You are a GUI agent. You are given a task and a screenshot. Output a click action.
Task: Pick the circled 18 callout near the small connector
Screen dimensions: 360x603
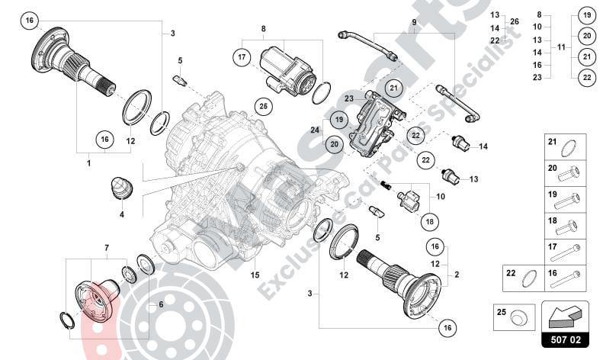pos(430,221)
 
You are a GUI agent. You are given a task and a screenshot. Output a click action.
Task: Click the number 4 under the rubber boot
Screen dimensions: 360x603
pos(121,215)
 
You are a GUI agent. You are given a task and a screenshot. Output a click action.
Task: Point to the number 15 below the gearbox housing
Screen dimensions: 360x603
pos(255,275)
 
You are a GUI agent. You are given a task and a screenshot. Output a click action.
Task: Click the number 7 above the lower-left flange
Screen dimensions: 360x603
pos(107,248)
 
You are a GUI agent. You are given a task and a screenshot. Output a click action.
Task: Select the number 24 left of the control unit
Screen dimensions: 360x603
pos(313,129)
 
